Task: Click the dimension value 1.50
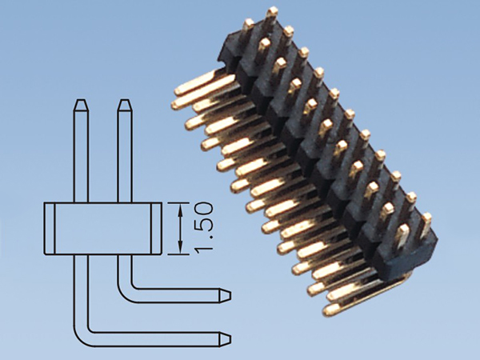point(203,228)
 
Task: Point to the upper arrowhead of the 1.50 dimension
point(180,210)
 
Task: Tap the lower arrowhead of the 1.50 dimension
point(180,247)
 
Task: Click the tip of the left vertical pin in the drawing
point(81,100)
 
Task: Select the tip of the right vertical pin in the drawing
point(125,100)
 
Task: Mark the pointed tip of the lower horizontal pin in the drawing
point(230,339)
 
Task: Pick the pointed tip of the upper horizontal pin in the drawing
point(230,296)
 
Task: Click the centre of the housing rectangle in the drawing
point(103,228)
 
